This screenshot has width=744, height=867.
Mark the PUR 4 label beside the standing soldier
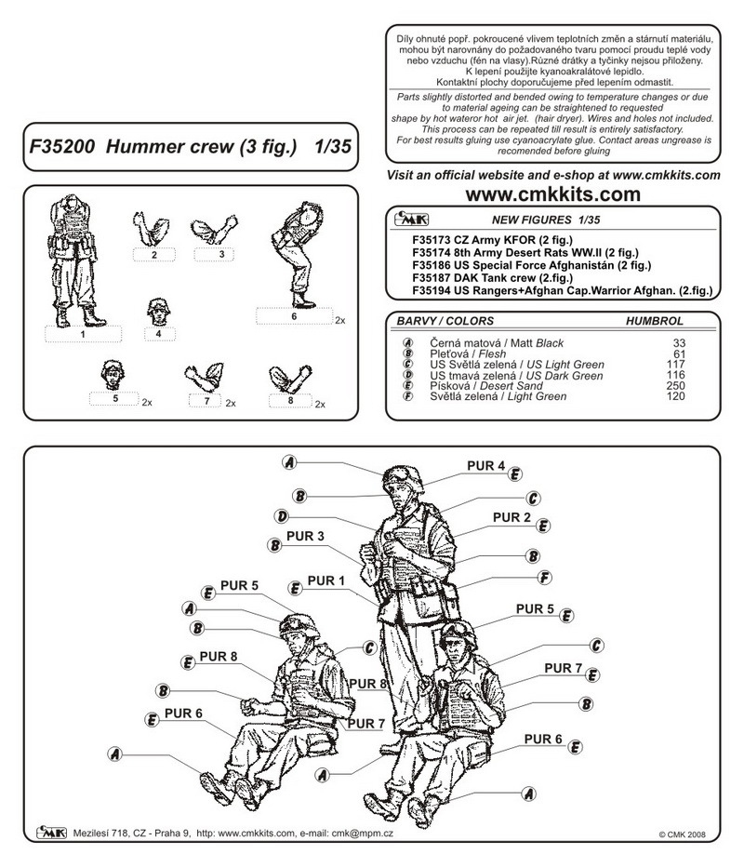tap(486, 466)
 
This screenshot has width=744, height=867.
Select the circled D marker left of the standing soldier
tap(281, 515)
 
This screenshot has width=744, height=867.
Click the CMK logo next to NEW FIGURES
tap(410, 220)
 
